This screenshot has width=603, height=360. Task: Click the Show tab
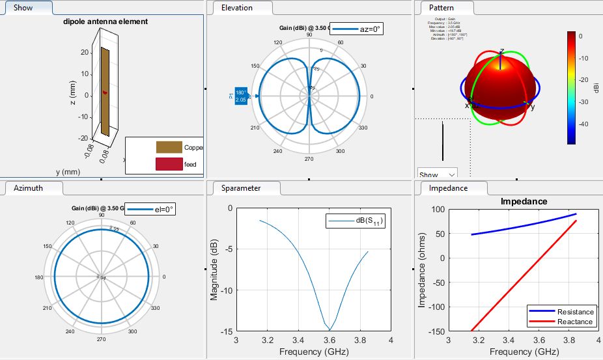click(x=23, y=8)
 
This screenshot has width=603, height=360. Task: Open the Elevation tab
click(x=237, y=8)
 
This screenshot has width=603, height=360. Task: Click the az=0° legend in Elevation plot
click(x=358, y=29)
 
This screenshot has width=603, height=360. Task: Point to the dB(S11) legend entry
click(x=355, y=221)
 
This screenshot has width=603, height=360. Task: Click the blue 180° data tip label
click(x=240, y=96)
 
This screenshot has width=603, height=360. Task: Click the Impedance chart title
click(x=524, y=202)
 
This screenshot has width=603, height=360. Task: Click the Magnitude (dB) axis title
click(x=214, y=270)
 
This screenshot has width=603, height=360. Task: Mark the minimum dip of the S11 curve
click(x=330, y=329)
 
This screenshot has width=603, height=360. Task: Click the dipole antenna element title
click(x=105, y=21)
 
